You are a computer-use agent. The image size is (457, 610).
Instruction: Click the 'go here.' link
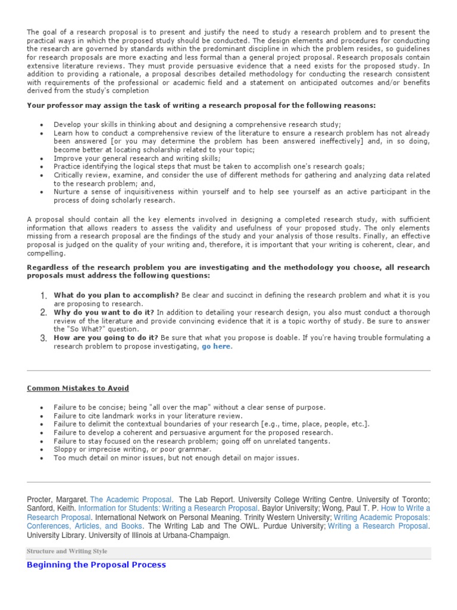click(217, 347)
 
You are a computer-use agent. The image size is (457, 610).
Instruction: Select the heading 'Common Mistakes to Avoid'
click(78, 388)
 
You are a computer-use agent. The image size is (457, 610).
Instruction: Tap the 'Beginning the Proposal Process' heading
click(96, 565)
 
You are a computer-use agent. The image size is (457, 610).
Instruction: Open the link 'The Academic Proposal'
click(132, 499)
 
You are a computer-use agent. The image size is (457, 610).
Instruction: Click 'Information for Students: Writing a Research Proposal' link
click(168, 508)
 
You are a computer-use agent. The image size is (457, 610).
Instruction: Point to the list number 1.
click(43, 296)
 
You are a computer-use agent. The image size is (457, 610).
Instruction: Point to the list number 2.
click(43, 312)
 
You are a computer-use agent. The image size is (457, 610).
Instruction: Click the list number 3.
click(43, 338)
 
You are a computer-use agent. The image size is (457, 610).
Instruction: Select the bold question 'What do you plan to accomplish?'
click(116, 295)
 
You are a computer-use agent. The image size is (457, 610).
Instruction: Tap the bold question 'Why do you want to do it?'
click(104, 312)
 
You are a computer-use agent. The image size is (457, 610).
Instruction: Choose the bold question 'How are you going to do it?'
click(106, 338)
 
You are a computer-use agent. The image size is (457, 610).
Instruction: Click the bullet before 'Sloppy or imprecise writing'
click(41, 450)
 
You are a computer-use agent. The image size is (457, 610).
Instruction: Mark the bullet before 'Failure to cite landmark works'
click(41, 416)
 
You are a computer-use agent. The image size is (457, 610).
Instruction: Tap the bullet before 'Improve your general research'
click(41, 159)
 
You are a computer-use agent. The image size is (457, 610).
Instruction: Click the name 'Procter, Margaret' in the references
click(58, 499)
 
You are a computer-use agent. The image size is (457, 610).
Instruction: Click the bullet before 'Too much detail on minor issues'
click(41, 458)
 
